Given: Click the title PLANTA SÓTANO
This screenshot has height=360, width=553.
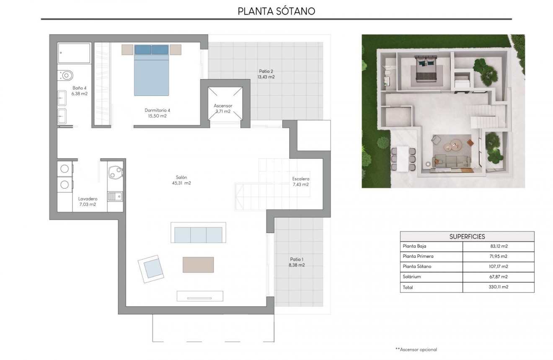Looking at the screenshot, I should tap(276, 11).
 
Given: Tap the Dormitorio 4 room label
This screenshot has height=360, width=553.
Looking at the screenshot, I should tap(158, 110).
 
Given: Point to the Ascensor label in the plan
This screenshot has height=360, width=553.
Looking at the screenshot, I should tap(223, 106).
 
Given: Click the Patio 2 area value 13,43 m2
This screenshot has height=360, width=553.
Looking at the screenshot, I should tap(266, 77).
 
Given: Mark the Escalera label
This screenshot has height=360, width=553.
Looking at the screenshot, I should tap(300, 179).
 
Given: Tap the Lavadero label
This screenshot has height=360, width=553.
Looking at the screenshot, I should tap(88, 199).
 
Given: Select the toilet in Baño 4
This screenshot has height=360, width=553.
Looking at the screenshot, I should tap(66, 75).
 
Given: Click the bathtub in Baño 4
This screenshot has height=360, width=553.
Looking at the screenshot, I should tap(74, 53).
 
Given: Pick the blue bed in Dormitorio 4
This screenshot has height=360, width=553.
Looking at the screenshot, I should tap(151, 70).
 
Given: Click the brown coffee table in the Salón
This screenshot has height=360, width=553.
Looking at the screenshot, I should tap(198, 264).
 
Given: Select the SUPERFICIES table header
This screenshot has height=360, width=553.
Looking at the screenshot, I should tap(467, 236).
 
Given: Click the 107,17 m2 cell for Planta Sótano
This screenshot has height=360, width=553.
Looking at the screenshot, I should tap(498, 267).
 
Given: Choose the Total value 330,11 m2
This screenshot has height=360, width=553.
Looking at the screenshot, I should tap(498, 287).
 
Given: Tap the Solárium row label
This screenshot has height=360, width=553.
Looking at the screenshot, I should tap(412, 277).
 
